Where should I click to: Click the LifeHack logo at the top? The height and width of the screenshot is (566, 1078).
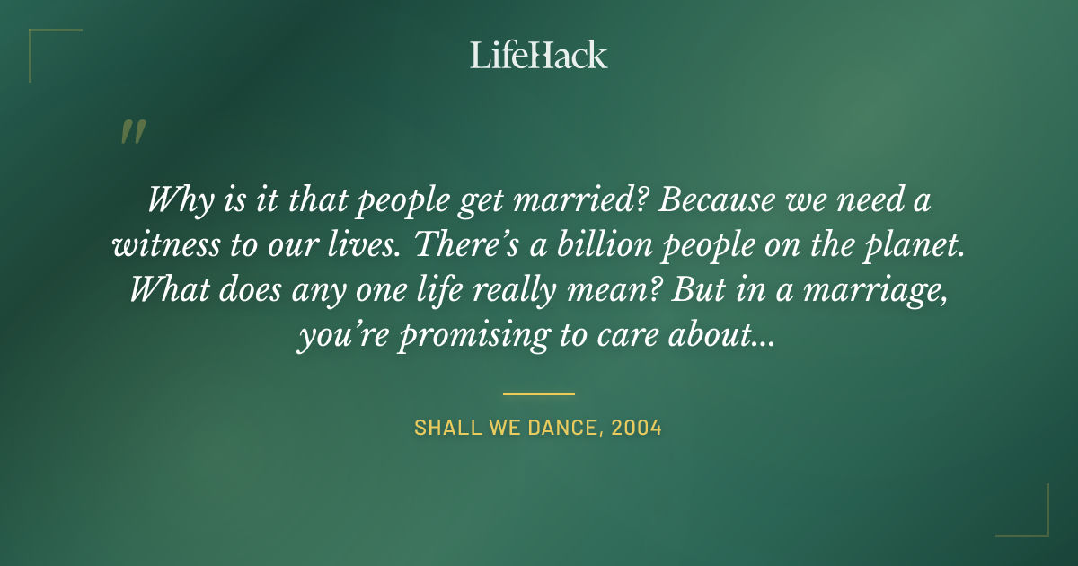tap(539, 55)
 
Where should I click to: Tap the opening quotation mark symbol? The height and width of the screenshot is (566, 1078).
tap(132, 132)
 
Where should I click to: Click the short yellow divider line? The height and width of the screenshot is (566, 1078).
tap(539, 394)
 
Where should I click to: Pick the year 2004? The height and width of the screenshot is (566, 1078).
tap(636, 428)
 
